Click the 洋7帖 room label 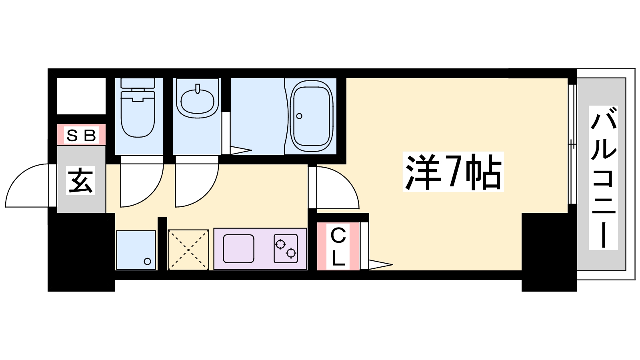pyautogui.click(x=453, y=172)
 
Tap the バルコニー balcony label pyautogui.click(x=603, y=178)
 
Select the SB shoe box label pyautogui.click(x=81, y=135)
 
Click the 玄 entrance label pyautogui.click(x=81, y=180)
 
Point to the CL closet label pyautogui.click(x=338, y=247)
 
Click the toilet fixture pyautogui.click(x=138, y=114)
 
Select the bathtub pyautogui.click(x=312, y=116)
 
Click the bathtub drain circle pyautogui.click(x=299, y=116)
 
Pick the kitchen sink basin pyautogui.click(x=238, y=248)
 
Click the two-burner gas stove pyautogui.click(x=286, y=248)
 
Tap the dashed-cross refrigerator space pyautogui.click(x=188, y=250)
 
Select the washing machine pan pyautogui.click(x=136, y=250)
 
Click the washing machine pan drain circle pyautogui.click(x=147, y=262)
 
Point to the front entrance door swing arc pyautogui.click(x=27, y=186)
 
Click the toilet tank pyautogui.click(x=138, y=83)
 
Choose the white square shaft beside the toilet pyautogui.click(x=81, y=96)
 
